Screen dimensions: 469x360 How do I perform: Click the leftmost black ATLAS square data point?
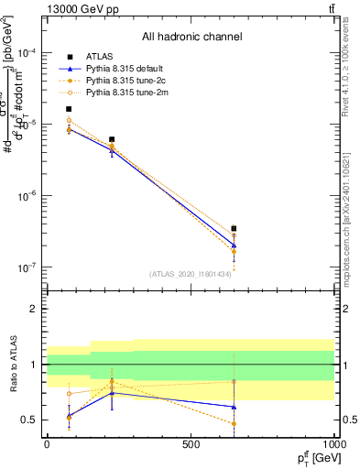click(x=69, y=109)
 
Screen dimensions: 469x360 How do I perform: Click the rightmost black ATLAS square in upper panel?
click(x=234, y=228)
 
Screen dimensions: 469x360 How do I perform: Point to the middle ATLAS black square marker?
click(x=112, y=139)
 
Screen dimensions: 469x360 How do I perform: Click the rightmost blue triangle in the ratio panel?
click(x=234, y=407)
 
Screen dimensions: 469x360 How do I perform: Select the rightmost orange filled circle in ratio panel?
click(x=234, y=423)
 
